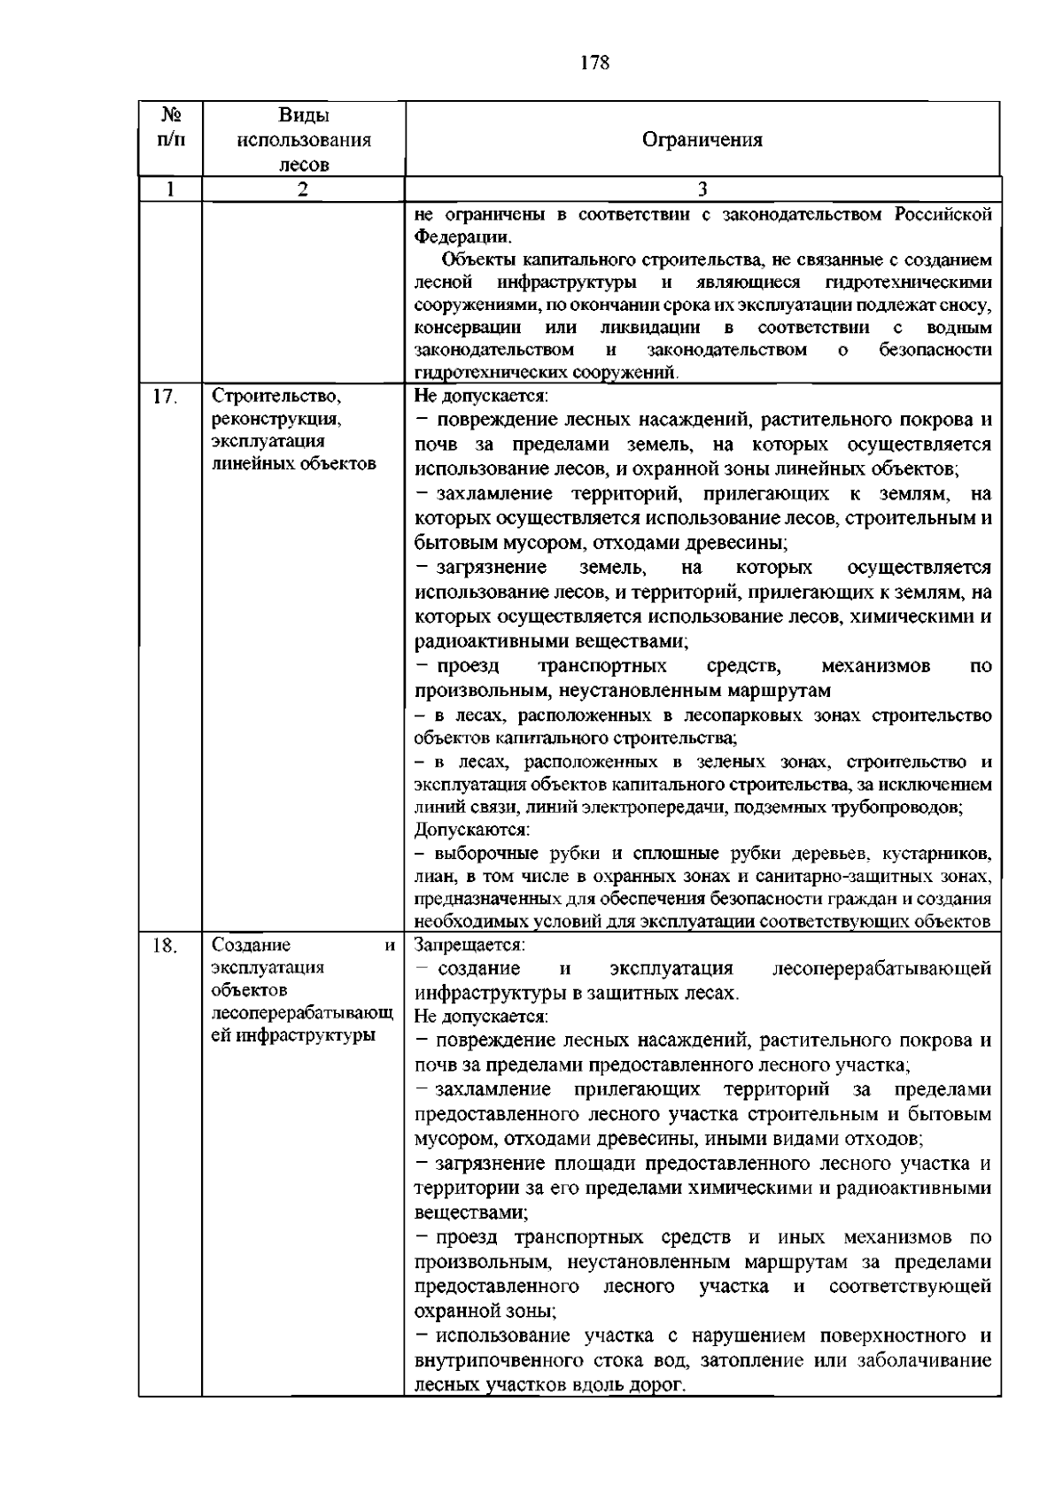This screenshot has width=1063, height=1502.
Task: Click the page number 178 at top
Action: coord(595,63)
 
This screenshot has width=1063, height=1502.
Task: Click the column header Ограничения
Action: coord(702,140)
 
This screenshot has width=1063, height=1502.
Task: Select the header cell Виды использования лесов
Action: coord(303,140)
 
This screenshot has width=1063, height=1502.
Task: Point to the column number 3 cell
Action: coord(702,190)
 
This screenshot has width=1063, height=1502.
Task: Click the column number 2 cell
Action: coord(303,190)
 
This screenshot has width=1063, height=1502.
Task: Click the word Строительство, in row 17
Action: coord(276,396)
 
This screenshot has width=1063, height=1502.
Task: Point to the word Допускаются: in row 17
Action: coord(472,831)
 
